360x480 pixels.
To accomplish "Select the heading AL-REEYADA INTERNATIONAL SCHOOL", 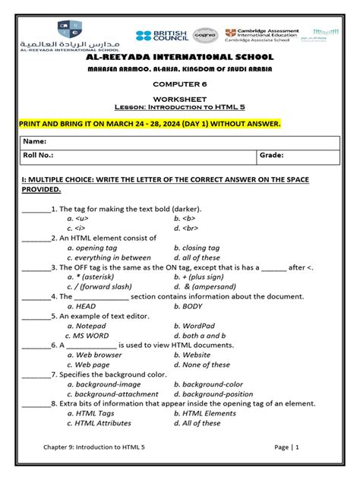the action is [180, 57].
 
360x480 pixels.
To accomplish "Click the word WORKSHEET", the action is [180, 99].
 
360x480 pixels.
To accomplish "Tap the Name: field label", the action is [35, 141].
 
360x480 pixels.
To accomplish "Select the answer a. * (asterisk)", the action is [95, 277].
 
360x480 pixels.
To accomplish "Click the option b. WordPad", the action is [194, 326].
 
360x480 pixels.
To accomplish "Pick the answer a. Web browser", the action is [94, 355].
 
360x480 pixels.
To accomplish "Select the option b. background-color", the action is [208, 384].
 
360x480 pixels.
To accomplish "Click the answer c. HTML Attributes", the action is [99, 423].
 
